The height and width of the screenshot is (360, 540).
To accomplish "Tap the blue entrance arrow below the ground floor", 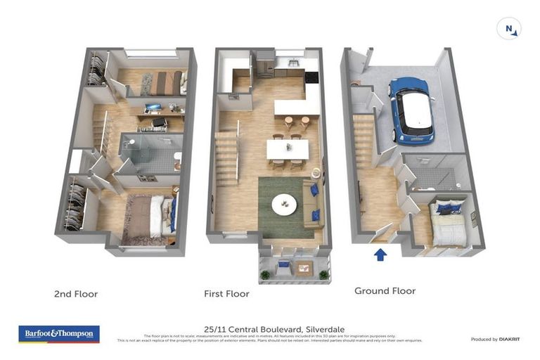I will [x=380, y=254].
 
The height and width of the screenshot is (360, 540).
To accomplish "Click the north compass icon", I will [x=508, y=29].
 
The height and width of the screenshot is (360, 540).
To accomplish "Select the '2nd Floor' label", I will [x=76, y=294].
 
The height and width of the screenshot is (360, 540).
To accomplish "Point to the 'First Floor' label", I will [x=226, y=294].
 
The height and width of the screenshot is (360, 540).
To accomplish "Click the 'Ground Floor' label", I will [x=385, y=290].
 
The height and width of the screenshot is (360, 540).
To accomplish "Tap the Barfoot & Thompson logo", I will [x=59, y=333].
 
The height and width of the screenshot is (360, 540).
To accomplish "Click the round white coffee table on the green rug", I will [x=284, y=203].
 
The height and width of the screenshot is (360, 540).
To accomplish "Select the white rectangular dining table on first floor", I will [x=287, y=149].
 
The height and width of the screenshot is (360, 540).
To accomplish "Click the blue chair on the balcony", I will [x=283, y=265].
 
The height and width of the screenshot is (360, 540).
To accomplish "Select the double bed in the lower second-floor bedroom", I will [x=157, y=216].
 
